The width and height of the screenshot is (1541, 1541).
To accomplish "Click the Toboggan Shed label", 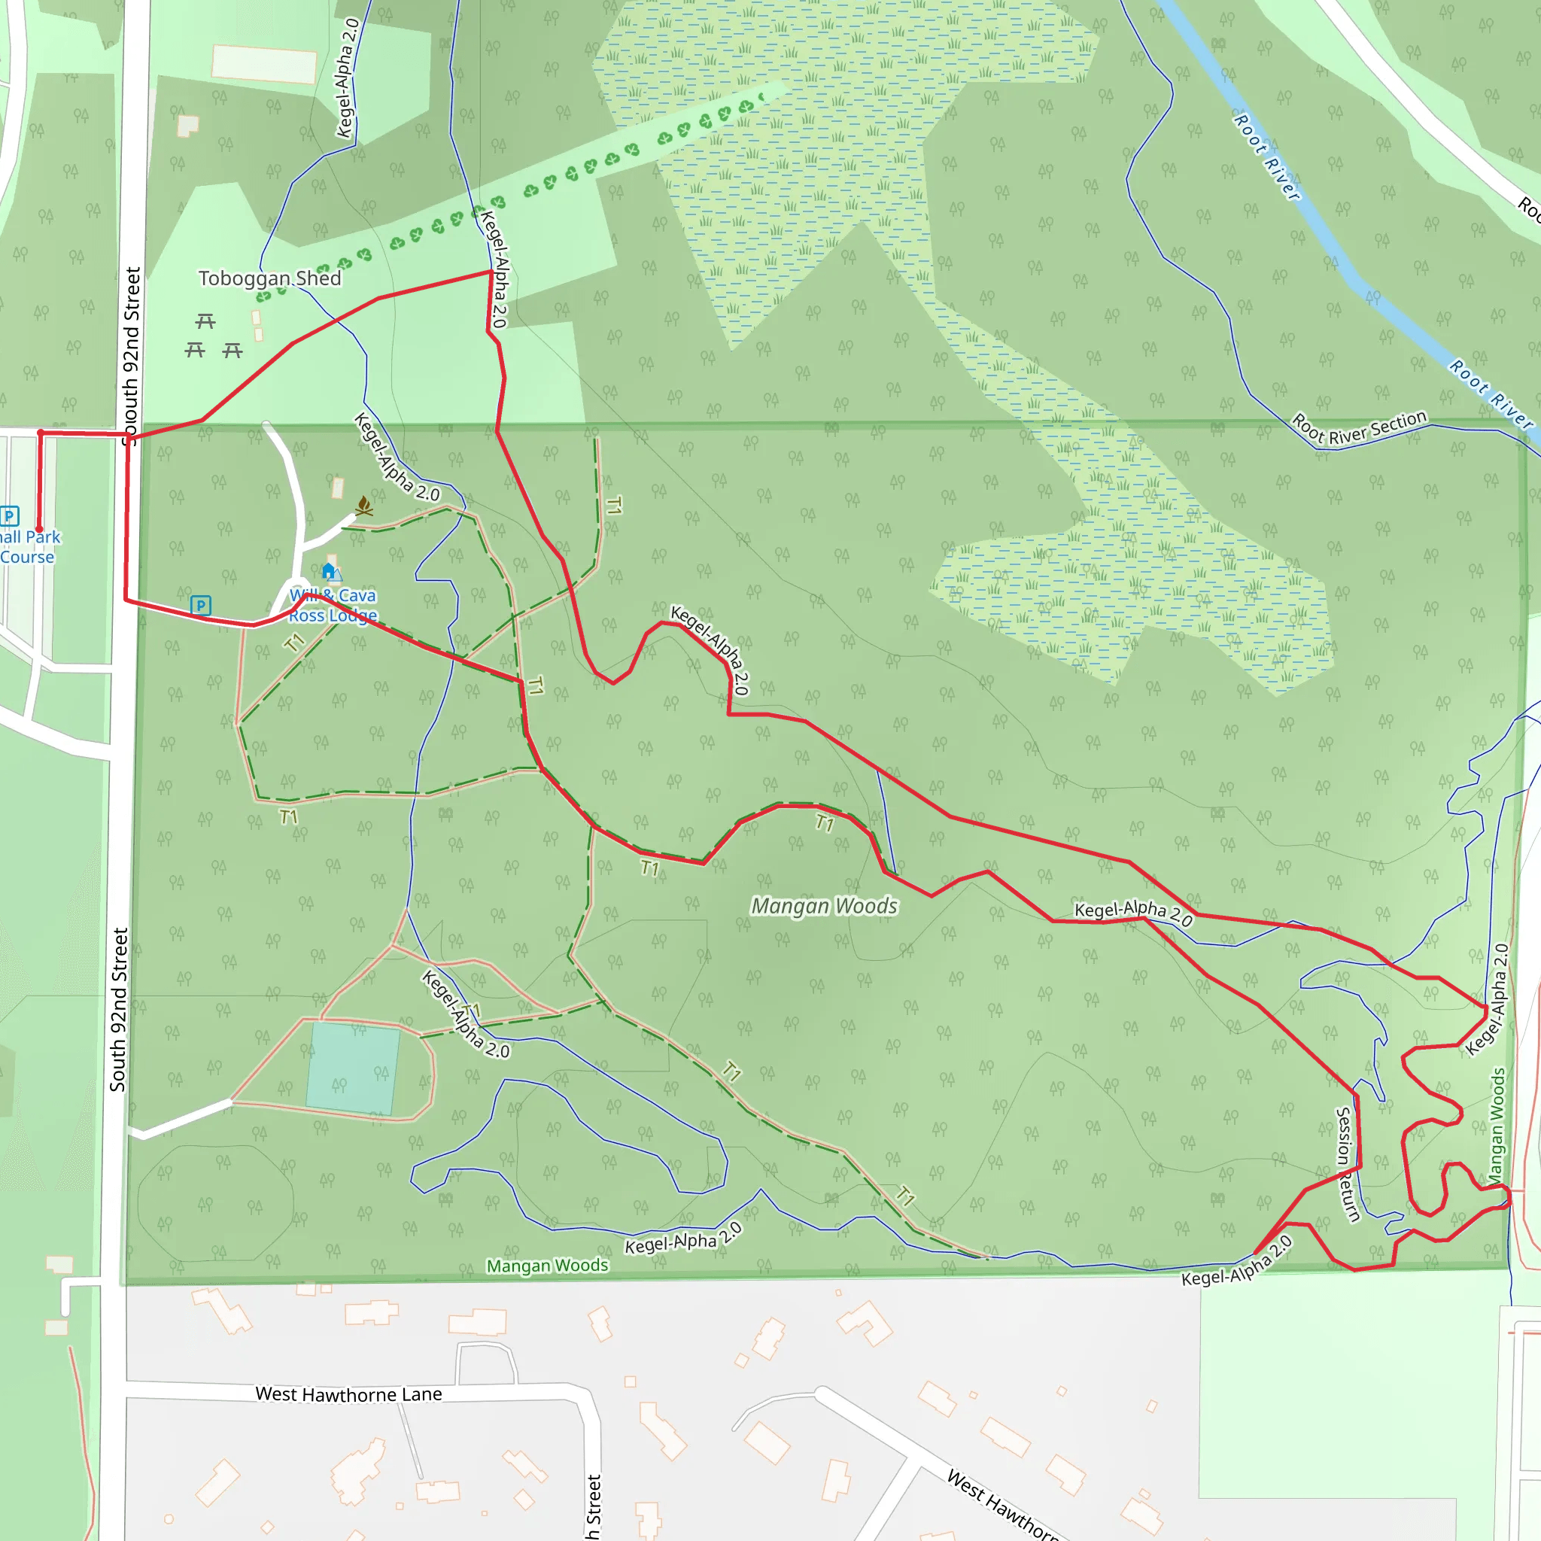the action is coord(269,278).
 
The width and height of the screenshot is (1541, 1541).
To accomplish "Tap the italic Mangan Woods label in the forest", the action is coord(824,906).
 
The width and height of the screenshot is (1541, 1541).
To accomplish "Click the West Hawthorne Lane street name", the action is coord(348,1394).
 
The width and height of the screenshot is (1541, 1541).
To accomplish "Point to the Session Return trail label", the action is coord(1347,1164).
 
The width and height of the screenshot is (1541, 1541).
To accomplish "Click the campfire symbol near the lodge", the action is coord(363,506).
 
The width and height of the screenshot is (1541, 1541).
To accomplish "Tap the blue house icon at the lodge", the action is coord(329,570).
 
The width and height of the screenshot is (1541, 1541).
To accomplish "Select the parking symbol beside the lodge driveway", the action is coord(201,606).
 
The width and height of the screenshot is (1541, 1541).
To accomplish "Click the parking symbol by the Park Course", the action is coord(10,515).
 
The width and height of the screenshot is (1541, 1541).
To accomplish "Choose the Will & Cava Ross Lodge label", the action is coord(333,606).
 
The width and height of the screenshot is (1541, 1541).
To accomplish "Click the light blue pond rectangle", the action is coord(353,1068).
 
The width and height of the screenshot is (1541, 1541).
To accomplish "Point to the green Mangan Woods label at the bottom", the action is coord(547,1266).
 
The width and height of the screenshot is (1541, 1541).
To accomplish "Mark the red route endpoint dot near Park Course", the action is coord(38,529).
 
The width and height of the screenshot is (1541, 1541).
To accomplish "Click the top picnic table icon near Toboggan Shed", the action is coord(205,321).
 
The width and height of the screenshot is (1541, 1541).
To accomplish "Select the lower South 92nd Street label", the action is coord(118,1009).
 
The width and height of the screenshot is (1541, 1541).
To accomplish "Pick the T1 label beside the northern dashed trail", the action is coord(613,505).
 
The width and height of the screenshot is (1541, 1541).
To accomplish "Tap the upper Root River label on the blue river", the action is coord(1266,157).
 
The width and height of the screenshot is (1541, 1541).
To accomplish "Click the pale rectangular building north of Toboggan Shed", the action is coord(263,63).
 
